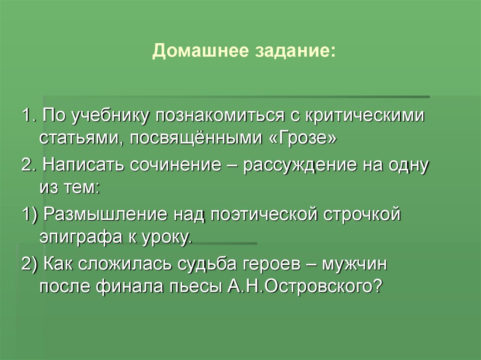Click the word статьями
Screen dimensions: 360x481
pos(78,138)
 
